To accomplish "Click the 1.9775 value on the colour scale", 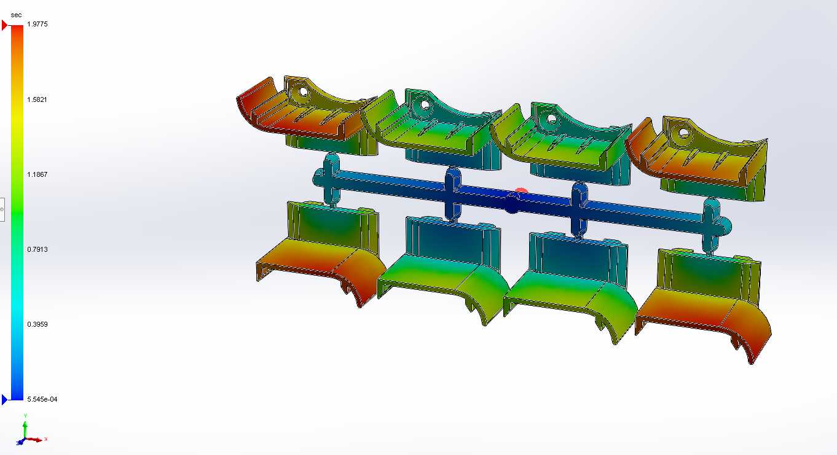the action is [37, 25].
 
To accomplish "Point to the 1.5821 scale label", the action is [37, 99].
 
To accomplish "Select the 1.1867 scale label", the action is [37, 174].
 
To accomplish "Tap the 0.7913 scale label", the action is [37, 249].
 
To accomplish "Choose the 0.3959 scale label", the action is [37, 324].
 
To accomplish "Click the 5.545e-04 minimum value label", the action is [42, 399].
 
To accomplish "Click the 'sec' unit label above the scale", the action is [16, 15].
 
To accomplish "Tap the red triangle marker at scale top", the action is [4, 25].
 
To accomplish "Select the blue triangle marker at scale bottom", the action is [4, 400].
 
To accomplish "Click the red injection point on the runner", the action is [521, 191].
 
